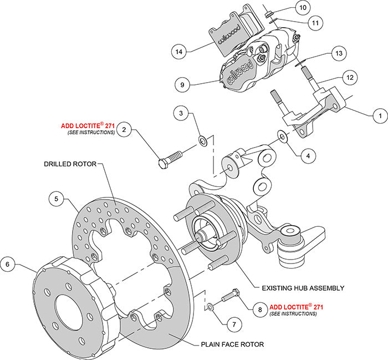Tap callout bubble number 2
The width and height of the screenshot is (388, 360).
(x=125, y=130)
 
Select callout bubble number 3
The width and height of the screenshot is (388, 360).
(x=180, y=114)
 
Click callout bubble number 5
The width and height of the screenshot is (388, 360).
(x=57, y=197)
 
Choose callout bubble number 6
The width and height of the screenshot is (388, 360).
(x=8, y=265)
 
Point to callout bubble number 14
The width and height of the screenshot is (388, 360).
(x=178, y=52)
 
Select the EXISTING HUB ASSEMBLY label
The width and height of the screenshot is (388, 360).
(x=303, y=288)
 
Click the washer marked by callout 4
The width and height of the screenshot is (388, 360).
(x=281, y=136)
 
